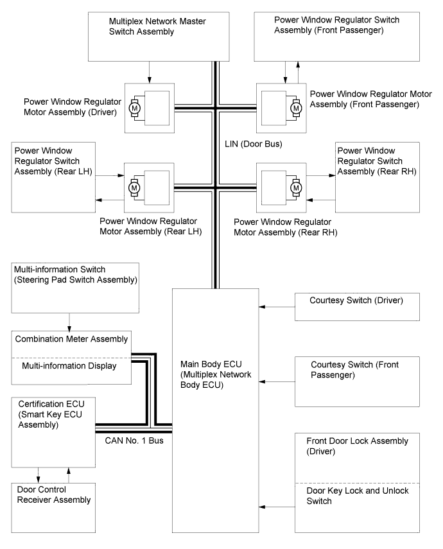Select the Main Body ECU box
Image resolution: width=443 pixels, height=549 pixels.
click(x=214, y=411)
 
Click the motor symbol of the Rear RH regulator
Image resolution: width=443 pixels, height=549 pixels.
click(x=296, y=188)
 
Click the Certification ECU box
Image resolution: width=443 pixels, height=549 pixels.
click(x=53, y=431)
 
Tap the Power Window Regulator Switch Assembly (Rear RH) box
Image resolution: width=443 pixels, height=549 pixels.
click(x=378, y=177)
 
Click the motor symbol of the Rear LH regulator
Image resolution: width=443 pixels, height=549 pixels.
click(x=134, y=188)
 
